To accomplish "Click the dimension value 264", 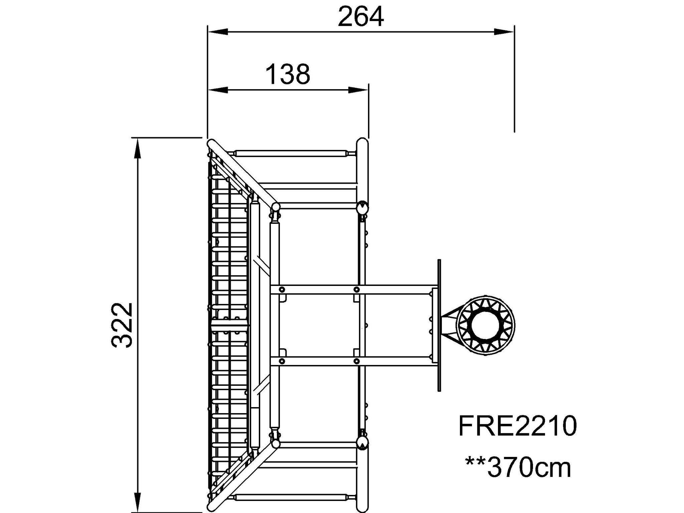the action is pyautogui.click(x=361, y=17).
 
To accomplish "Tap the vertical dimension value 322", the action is pyautogui.click(x=122, y=325).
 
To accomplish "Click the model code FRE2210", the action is pyautogui.click(x=518, y=426).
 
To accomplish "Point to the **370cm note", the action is pyautogui.click(x=518, y=468).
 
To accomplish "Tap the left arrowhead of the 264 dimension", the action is pyautogui.click(x=217, y=32).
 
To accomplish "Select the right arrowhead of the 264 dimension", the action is pyautogui.click(x=504, y=32).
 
